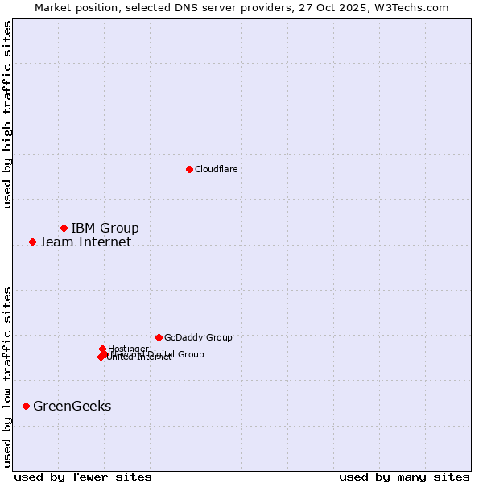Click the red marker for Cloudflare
tap(189, 169)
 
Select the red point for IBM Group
tap(64, 228)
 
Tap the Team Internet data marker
tap(32, 242)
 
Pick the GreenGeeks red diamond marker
tap(26, 406)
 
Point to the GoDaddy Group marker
tap(159, 337)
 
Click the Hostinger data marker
tap(102, 349)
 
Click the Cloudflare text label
tap(216, 169)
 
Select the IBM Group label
tap(105, 228)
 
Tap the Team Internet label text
tap(85, 242)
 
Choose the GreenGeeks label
tap(72, 406)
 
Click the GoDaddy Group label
tap(198, 337)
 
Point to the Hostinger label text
tap(128, 349)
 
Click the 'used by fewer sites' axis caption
tap(83, 477)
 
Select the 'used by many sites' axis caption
tap(404, 477)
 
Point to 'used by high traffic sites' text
tap(7, 114)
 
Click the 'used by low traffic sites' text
tap(7, 376)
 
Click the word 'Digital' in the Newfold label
tap(160, 354)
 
